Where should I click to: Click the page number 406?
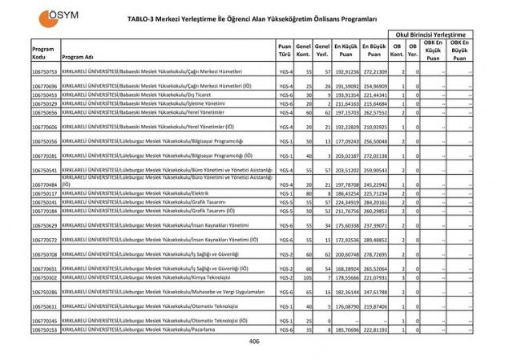pos(255,342)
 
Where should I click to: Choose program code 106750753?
pos(44,72)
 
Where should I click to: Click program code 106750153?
pos(44,329)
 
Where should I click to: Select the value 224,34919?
pos(345,203)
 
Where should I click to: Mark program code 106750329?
pos(44,103)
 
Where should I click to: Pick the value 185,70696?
pos(345,329)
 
